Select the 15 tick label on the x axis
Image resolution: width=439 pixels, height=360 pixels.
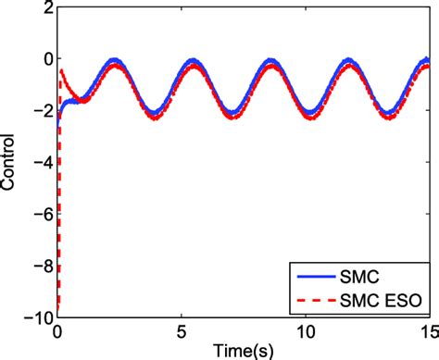coord(428,330)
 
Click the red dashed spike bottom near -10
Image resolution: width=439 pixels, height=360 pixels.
coord(59,309)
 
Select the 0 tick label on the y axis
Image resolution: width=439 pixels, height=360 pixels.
coord(44,60)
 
